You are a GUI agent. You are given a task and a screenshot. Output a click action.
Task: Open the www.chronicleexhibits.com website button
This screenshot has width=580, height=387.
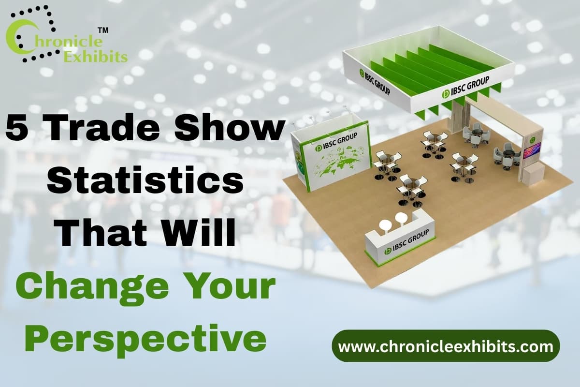[x=445, y=346]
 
